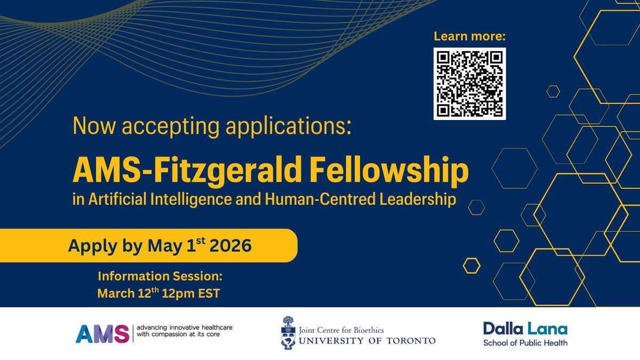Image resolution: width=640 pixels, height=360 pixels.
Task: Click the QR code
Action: pos(469,84)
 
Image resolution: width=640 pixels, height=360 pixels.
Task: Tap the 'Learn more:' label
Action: pos(469,37)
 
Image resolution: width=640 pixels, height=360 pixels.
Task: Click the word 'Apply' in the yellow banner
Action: pos(91,246)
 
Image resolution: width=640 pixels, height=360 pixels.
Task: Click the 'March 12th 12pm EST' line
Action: pos(158,293)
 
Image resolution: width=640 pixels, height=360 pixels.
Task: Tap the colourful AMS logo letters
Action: pos(102,334)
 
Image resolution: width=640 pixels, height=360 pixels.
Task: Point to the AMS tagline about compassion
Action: pos(185,334)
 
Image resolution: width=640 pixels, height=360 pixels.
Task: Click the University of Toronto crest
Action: pos(290,333)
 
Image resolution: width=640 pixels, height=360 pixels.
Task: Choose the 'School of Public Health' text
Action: pos(525,343)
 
